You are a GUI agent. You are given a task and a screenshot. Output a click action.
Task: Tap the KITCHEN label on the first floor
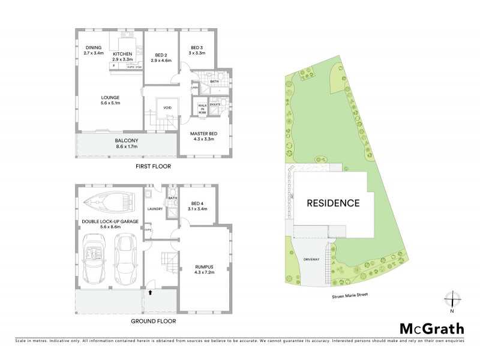pos(122,53)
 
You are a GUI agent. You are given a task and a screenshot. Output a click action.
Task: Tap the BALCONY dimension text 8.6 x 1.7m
pos(126,146)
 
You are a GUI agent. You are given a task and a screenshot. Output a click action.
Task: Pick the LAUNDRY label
pos(156,209)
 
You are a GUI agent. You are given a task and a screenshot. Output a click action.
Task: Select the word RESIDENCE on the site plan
pos(334,203)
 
